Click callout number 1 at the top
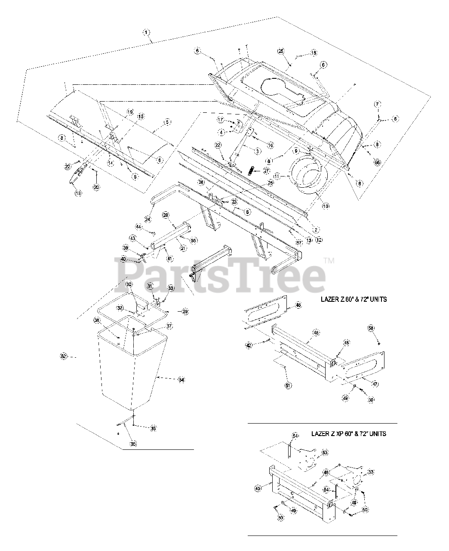coord(147,32)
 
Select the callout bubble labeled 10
coord(326,206)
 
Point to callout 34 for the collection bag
coord(181,380)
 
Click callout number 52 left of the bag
coord(64,356)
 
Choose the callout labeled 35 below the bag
coord(133,443)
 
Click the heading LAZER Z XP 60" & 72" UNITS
coord(348,433)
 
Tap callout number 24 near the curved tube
coord(148,219)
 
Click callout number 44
coord(138,226)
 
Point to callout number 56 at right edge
coord(377,162)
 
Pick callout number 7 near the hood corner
coord(377,105)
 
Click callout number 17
coord(220,120)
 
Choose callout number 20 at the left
coord(96,187)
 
